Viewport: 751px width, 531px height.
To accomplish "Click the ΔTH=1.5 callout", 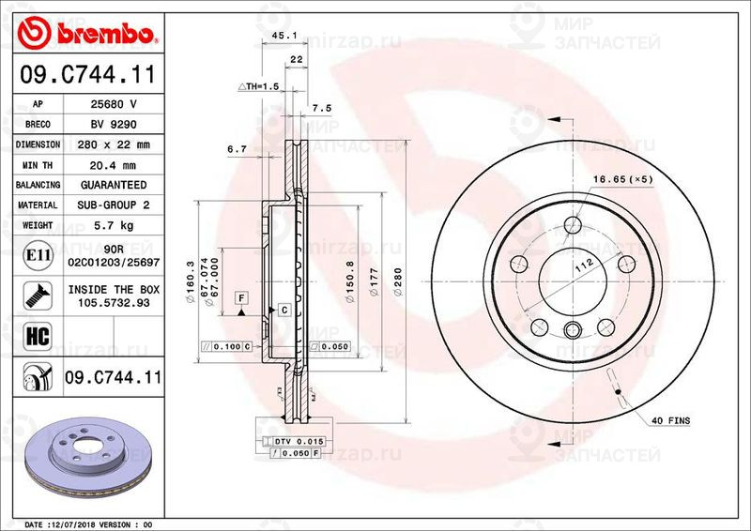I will (x=260, y=86).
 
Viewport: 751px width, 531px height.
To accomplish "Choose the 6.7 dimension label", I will (x=237, y=148).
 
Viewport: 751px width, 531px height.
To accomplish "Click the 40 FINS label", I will (x=672, y=421).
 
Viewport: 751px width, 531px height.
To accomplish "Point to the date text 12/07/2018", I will (x=95, y=523).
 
